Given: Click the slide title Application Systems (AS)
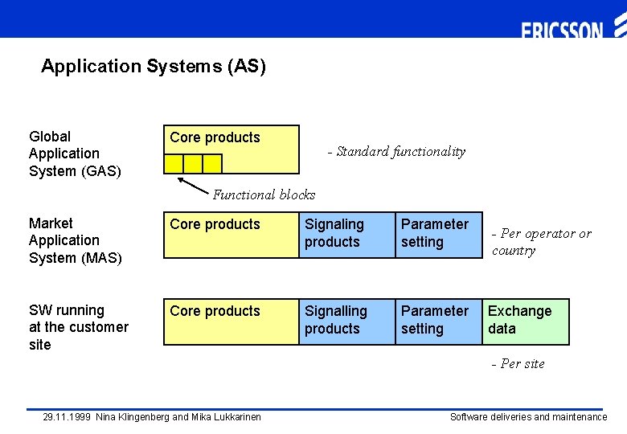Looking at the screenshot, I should (x=154, y=66).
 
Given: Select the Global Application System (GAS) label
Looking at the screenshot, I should (x=75, y=154).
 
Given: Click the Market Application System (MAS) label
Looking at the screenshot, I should (x=75, y=240).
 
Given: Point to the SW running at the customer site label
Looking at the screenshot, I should (x=78, y=327).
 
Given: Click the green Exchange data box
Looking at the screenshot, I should (x=526, y=321).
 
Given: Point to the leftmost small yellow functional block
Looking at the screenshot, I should (x=174, y=164).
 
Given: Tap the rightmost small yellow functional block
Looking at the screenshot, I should (x=212, y=164).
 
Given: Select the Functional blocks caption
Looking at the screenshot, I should (x=264, y=194).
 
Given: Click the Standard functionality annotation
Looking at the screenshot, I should (x=396, y=151).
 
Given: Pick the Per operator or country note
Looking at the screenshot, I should (x=541, y=242).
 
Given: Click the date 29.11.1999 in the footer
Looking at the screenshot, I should (x=67, y=417).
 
